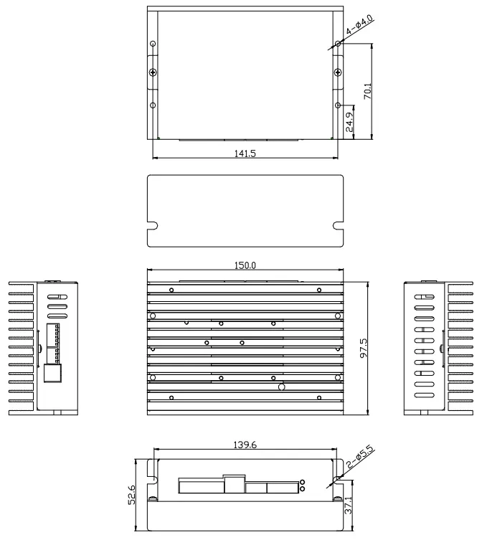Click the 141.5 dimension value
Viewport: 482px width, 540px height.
click(245, 153)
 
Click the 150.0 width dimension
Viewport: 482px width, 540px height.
click(245, 265)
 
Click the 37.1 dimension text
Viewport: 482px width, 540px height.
click(349, 510)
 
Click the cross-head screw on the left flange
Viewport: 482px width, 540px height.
click(152, 73)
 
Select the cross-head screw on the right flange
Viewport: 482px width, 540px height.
click(338, 73)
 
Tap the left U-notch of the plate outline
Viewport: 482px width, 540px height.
click(152, 227)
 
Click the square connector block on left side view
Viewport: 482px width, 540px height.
click(52, 374)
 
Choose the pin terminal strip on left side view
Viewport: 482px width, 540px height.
click(52, 343)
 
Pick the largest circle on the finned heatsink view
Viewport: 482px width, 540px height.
click(282, 387)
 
